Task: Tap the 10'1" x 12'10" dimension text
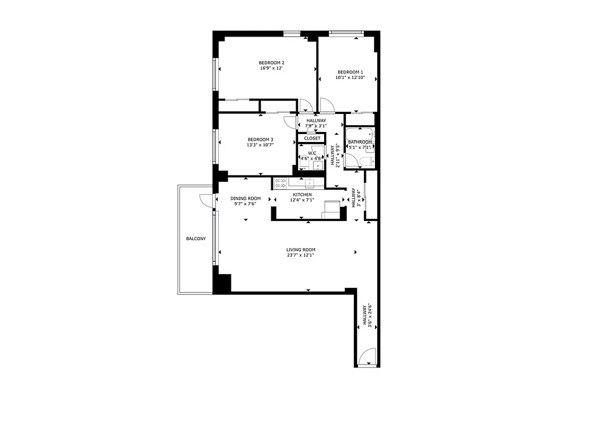pyautogui.click(x=350, y=77)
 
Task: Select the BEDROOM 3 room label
pyautogui.click(x=260, y=139)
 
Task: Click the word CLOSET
pyautogui.click(x=312, y=138)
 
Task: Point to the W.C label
pyautogui.click(x=312, y=153)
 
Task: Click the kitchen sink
pyautogui.click(x=309, y=184)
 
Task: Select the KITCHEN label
pyautogui.click(x=302, y=195)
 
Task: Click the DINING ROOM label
pyautogui.click(x=245, y=198)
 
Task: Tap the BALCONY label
pyautogui.click(x=195, y=239)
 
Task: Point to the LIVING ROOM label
pyautogui.click(x=301, y=250)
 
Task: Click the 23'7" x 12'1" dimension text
pyautogui.click(x=301, y=255)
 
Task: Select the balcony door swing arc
pyautogui.click(x=203, y=200)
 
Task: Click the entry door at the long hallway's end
pyautogui.click(x=367, y=358)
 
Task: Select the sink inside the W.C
pyautogui.click(x=317, y=165)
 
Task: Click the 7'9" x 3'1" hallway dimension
pyautogui.click(x=316, y=126)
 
